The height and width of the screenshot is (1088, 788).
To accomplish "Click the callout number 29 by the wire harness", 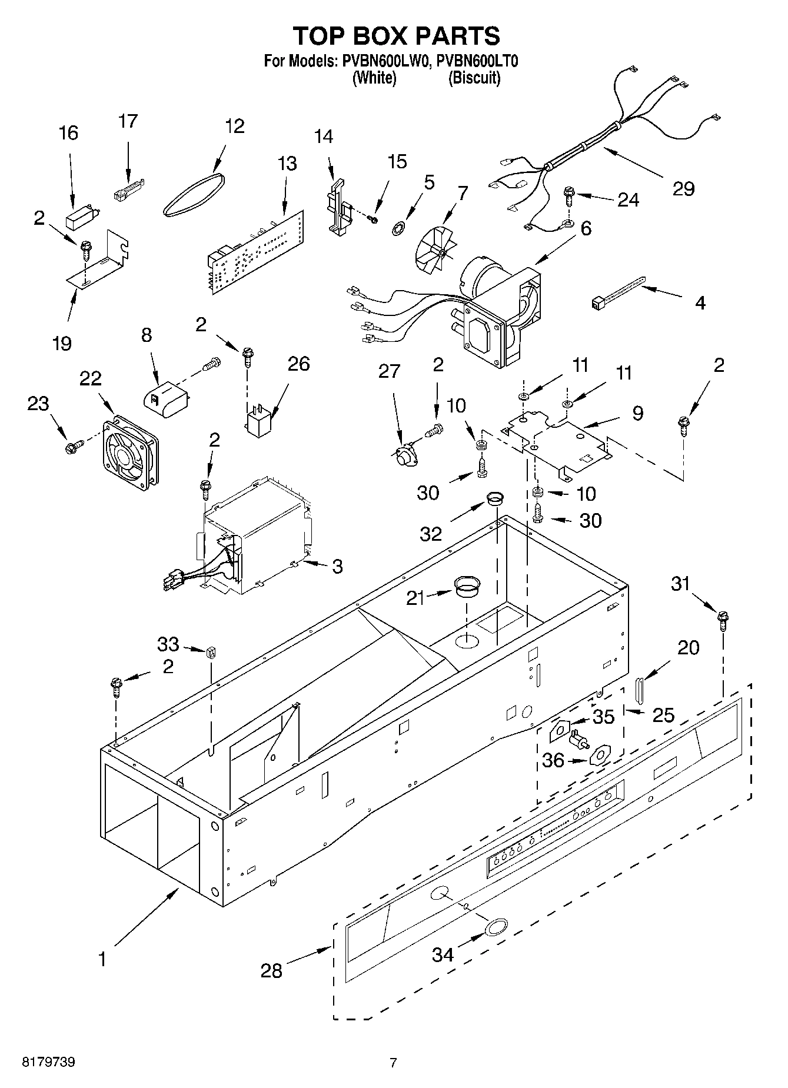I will [683, 189].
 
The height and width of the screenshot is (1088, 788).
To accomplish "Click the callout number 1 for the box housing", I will [102, 960].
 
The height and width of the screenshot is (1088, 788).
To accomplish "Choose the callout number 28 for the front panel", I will [271, 970].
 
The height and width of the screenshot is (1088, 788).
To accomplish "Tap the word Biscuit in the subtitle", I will [474, 78].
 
